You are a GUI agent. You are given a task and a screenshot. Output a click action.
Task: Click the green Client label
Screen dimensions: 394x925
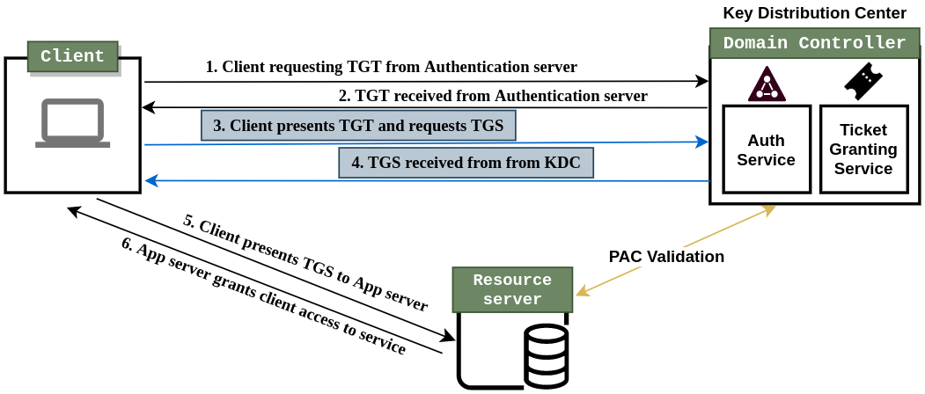pyautogui.click(x=72, y=56)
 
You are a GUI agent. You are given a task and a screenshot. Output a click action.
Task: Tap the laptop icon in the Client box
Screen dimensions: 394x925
pyautogui.click(x=73, y=124)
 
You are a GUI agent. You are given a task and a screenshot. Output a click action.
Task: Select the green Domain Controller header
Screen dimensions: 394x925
pyautogui.click(x=814, y=43)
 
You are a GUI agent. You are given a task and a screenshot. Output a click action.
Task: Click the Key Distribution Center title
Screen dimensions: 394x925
pyautogui.click(x=814, y=13)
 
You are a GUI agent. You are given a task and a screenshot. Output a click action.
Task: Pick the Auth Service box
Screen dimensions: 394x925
pyautogui.click(x=766, y=150)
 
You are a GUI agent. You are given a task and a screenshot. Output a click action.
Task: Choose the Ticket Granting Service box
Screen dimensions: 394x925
pyautogui.click(x=863, y=150)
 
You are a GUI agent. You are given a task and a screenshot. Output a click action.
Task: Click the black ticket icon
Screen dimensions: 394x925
pyautogui.click(x=863, y=82)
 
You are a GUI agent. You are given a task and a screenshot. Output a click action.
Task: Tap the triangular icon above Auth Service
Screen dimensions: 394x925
pyautogui.click(x=767, y=84)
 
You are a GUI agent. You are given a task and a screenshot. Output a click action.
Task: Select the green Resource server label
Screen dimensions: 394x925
pyautogui.click(x=512, y=290)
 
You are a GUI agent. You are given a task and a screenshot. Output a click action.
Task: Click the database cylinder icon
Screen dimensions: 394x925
pyautogui.click(x=546, y=356)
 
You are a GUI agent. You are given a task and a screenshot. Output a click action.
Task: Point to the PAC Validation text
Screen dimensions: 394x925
pyautogui.click(x=666, y=257)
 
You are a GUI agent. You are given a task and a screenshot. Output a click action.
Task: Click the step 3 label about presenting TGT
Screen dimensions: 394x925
pyautogui.click(x=358, y=126)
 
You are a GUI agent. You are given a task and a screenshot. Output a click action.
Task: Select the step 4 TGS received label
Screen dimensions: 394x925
pyautogui.click(x=466, y=163)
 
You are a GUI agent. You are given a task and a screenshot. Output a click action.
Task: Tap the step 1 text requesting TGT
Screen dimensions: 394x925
pyautogui.click(x=391, y=67)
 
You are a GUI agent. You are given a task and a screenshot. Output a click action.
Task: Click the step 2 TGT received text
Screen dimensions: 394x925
pyautogui.click(x=493, y=96)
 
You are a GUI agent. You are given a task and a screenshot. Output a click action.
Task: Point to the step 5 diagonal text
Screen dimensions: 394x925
pyautogui.click(x=305, y=263)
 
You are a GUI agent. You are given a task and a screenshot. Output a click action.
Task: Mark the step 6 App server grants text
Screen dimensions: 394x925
pyautogui.click(x=264, y=296)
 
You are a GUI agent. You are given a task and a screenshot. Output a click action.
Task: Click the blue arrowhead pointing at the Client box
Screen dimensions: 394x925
pyautogui.click(x=151, y=180)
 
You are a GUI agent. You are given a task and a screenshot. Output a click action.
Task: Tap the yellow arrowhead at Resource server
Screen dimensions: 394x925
pyautogui.click(x=581, y=292)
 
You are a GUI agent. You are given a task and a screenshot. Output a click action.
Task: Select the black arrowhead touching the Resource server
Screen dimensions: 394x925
pyautogui.click(x=449, y=337)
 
